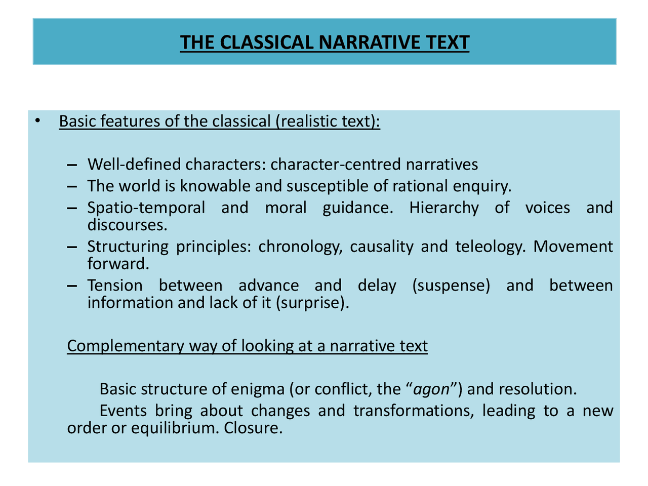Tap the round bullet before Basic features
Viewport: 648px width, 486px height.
coord(37,121)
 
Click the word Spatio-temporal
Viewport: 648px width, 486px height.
coord(146,208)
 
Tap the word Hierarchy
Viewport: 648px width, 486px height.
coord(443,208)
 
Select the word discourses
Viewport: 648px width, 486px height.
coord(127,225)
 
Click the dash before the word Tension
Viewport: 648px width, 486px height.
coord(72,286)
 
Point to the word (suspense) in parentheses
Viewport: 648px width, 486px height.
coord(451,286)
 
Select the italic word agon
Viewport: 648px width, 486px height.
coord(431,389)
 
